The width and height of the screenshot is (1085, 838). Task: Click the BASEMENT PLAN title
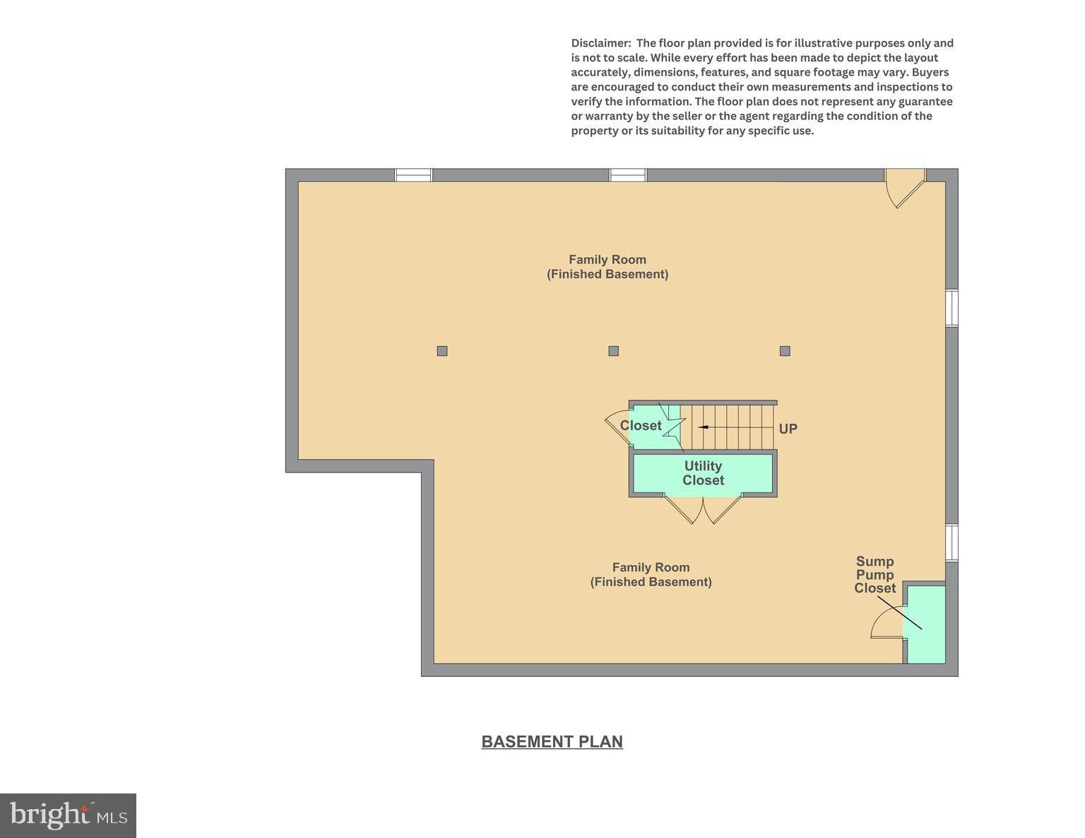[x=552, y=741]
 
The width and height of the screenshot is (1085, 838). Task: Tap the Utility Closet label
[x=703, y=473]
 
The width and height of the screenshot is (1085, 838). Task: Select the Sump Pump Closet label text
[x=875, y=574]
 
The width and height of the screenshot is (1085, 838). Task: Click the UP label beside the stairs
[x=788, y=429]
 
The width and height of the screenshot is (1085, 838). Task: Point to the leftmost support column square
[x=442, y=351]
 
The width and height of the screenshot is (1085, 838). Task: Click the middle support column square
[x=613, y=351]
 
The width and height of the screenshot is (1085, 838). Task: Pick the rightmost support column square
[x=785, y=351]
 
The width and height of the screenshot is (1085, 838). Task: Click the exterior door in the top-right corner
[x=906, y=185]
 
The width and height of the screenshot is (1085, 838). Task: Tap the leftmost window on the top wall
[x=413, y=175]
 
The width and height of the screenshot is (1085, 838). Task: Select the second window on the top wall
[x=628, y=175]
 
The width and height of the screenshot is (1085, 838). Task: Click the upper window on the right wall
[x=952, y=308]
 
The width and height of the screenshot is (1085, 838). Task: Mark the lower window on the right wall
[x=952, y=543]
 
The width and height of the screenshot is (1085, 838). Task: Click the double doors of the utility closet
[x=704, y=509]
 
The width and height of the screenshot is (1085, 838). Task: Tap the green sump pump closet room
[x=926, y=625]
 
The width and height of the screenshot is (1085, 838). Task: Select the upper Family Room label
[x=607, y=266]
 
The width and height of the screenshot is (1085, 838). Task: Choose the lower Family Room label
[x=651, y=574]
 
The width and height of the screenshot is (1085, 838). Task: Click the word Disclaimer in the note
[x=600, y=43]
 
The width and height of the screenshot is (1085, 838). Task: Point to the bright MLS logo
[x=68, y=815]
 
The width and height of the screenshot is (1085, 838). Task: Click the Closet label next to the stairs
[x=641, y=425]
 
